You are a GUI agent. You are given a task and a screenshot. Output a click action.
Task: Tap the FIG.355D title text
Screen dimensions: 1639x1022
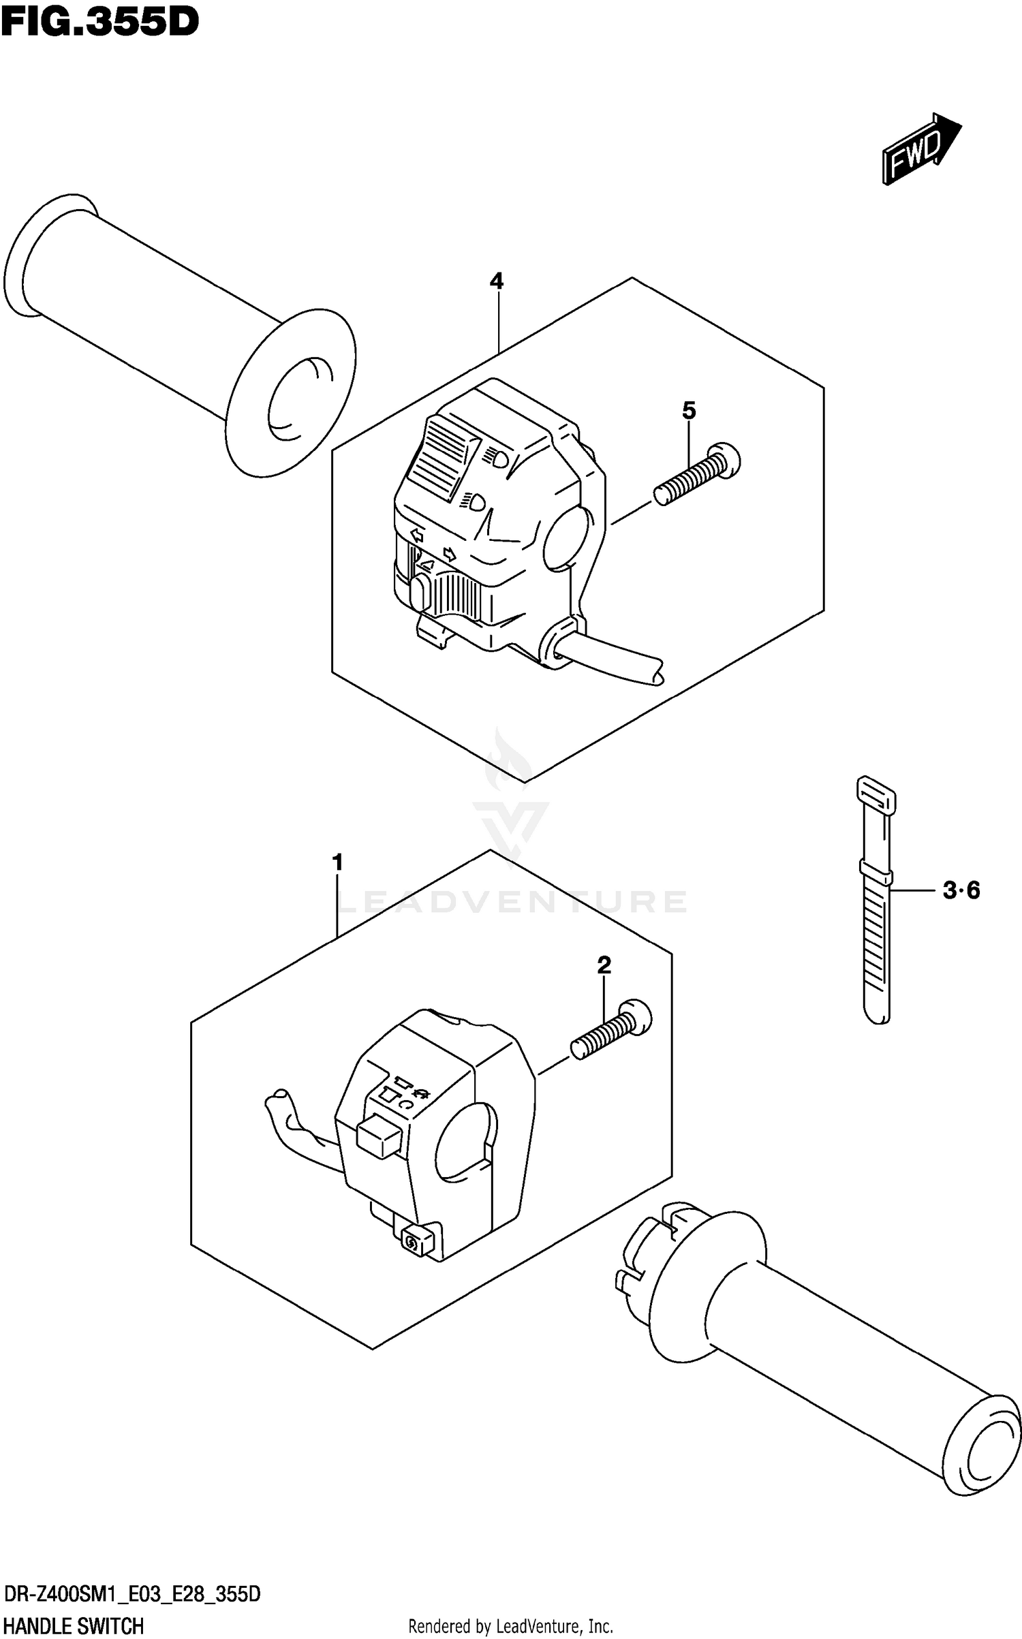coord(99,22)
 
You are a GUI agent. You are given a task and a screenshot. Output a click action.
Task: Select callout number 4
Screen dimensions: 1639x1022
coord(497,281)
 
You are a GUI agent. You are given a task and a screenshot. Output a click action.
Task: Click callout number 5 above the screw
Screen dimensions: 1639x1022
coord(689,410)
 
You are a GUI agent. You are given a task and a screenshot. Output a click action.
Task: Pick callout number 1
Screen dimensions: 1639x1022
coord(337,862)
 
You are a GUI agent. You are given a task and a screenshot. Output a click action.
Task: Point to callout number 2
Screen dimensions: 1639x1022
coord(604,965)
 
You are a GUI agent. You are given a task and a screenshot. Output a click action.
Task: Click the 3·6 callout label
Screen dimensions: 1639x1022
coord(961,890)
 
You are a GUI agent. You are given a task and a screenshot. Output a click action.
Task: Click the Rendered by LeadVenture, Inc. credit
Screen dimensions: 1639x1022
coord(510,1627)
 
